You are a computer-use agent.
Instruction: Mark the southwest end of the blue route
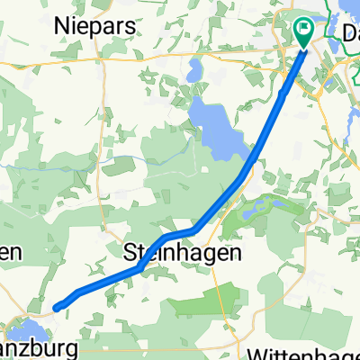pyautogui.click(x=57, y=308)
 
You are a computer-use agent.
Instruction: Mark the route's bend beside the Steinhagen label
pyautogui.click(x=167, y=238)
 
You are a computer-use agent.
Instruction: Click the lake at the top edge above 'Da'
pyautogui.click(x=346, y=7)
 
